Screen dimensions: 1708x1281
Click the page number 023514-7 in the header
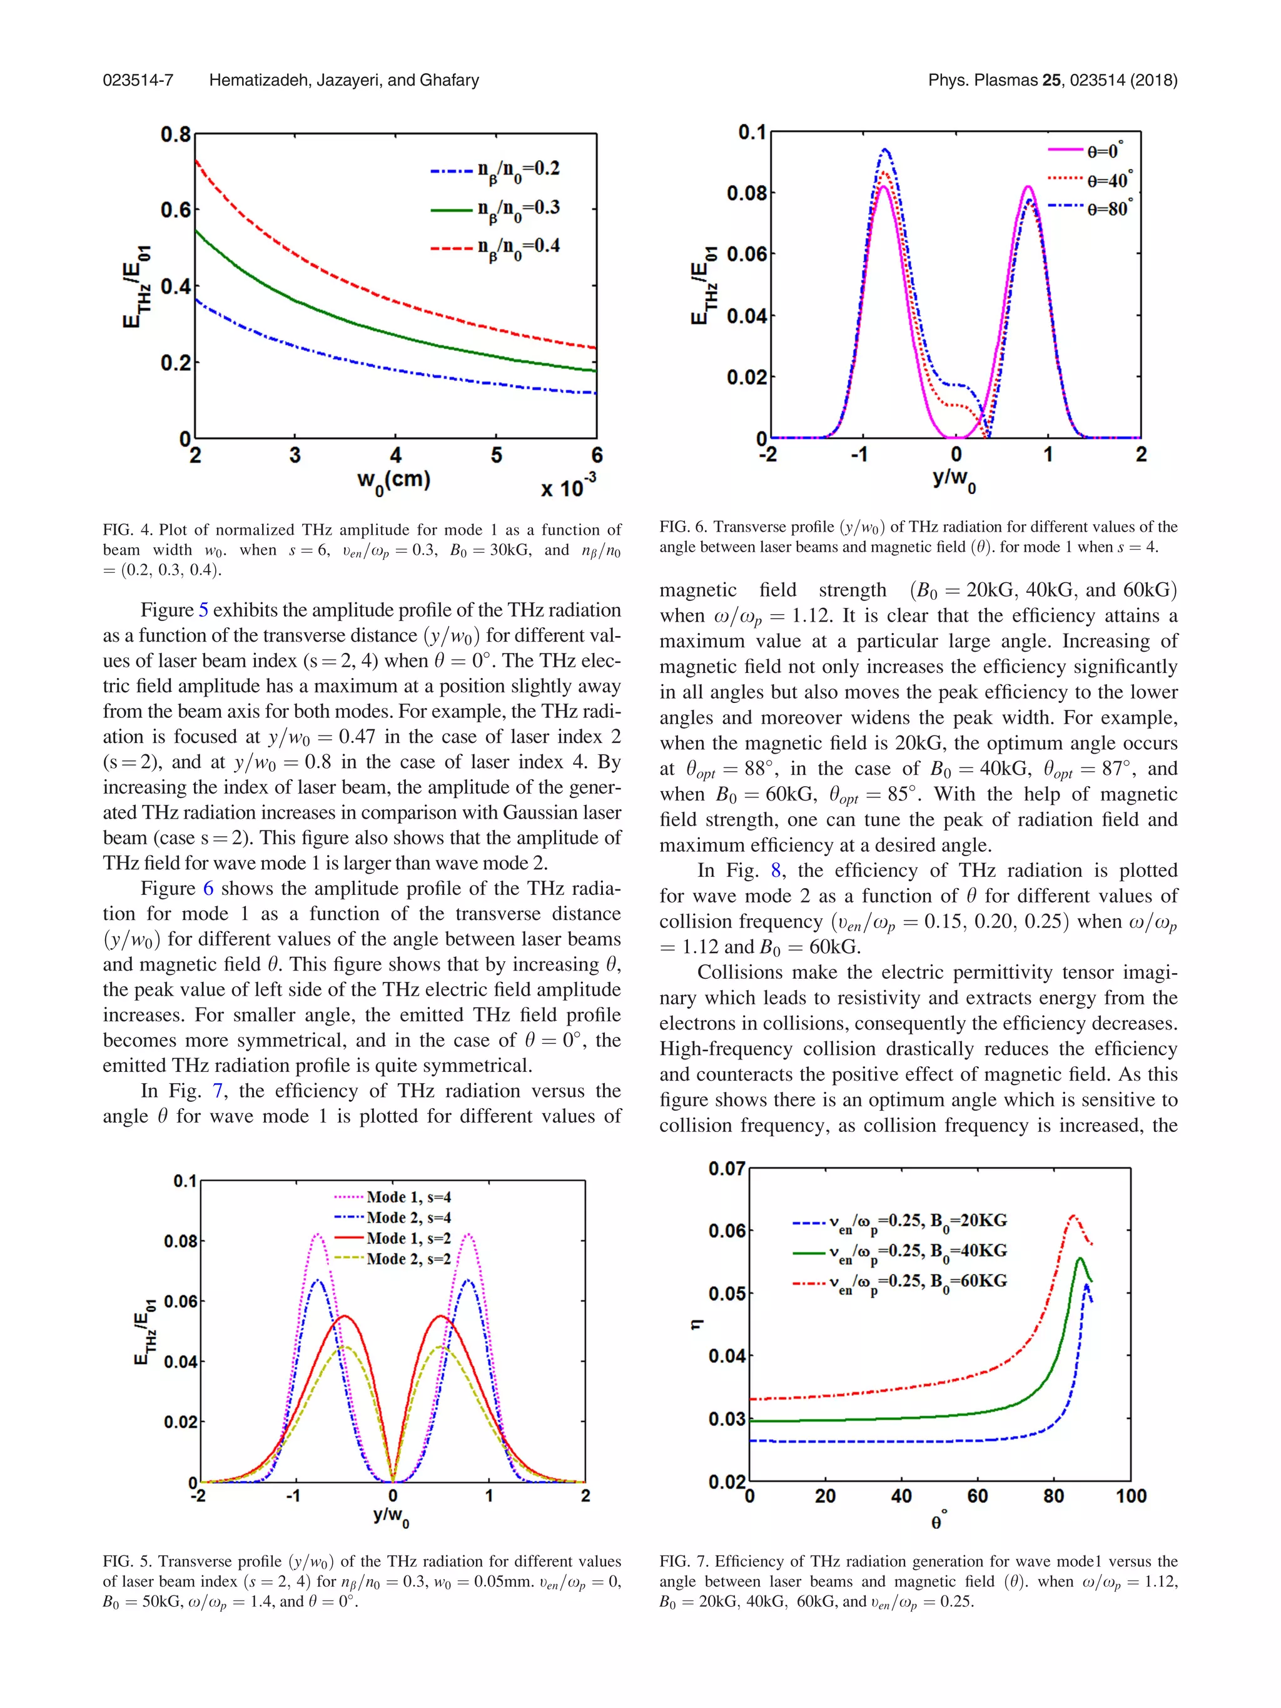pos(138,80)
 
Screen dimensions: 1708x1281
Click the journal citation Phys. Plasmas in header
pos(982,80)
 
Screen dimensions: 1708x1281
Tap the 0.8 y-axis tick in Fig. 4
pos(175,135)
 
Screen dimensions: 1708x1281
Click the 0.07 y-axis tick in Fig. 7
pos(726,1169)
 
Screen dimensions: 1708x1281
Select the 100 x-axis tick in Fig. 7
pos(1130,1497)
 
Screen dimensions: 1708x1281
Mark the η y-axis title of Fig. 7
pos(696,1325)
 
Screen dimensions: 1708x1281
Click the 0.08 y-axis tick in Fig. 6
pos(746,193)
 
